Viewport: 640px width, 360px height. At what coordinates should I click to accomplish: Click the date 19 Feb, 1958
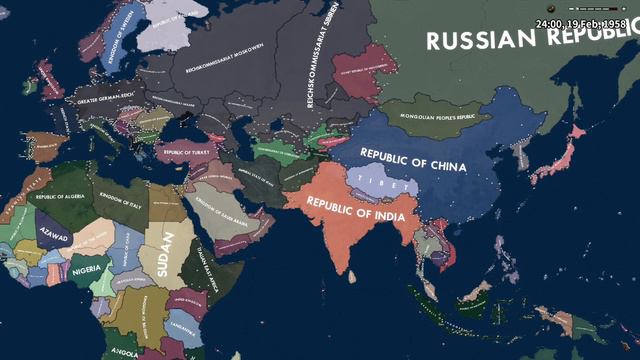pos(584,22)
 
